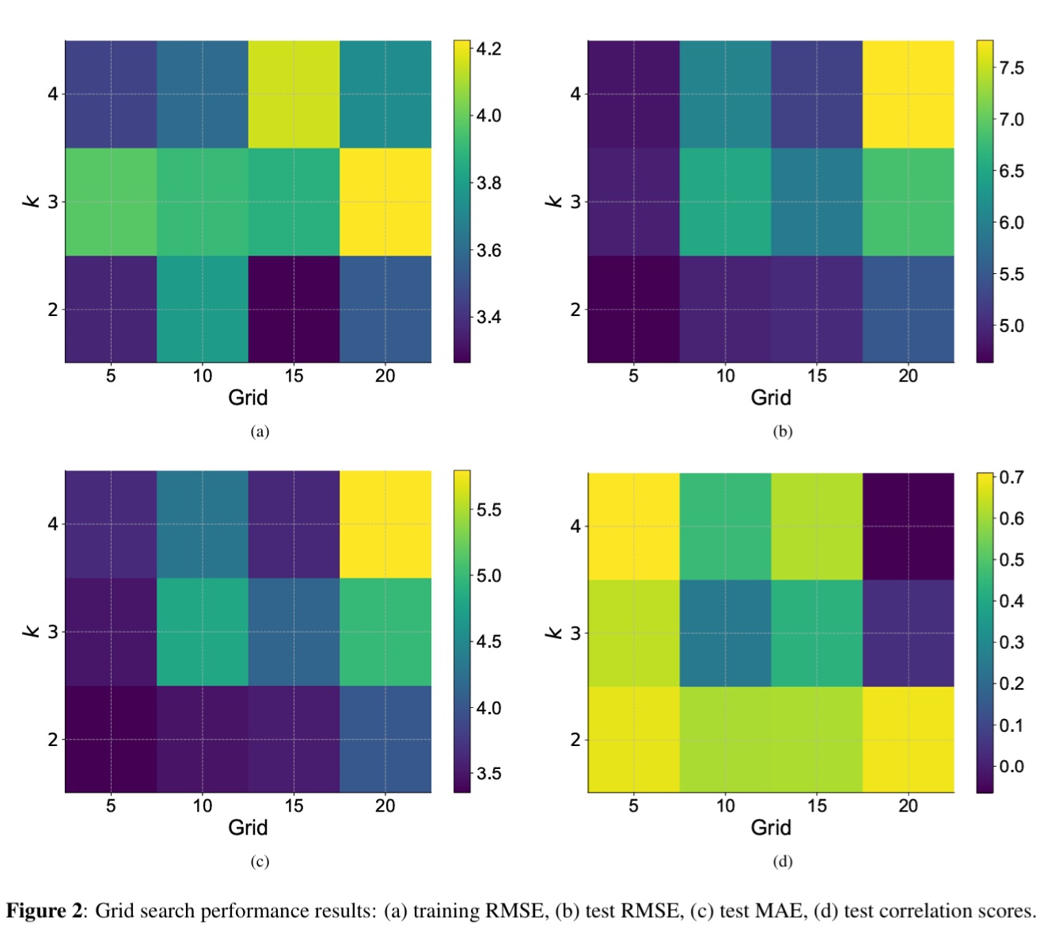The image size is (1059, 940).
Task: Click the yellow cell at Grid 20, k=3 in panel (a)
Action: pos(385,201)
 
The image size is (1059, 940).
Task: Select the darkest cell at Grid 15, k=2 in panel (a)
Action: pos(294,309)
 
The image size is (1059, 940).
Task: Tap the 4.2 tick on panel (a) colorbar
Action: pos(488,49)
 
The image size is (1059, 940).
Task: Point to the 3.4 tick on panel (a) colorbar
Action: pos(488,318)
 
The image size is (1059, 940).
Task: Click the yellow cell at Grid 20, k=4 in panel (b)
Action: pos(908,93)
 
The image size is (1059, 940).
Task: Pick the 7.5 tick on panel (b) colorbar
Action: pos(1011,68)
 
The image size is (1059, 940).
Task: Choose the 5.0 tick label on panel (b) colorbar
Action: pos(1011,326)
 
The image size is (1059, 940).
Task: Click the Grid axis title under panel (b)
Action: pos(770,398)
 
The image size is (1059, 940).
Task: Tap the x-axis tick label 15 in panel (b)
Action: pos(817,376)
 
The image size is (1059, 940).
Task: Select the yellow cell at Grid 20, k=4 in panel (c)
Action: pos(385,523)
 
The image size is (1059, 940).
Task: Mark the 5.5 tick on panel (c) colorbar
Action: pos(488,510)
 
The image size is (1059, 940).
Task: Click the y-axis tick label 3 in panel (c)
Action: pos(52,632)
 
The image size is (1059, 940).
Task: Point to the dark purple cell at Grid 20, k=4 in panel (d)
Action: pos(908,526)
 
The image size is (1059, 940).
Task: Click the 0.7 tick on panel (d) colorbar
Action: pos(1011,478)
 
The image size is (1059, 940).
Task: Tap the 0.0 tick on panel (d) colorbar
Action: pos(1011,767)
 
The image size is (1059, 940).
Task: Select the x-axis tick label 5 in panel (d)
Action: pos(633,806)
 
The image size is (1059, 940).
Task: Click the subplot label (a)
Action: pos(260,432)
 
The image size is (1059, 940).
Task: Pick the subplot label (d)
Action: pos(782,862)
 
